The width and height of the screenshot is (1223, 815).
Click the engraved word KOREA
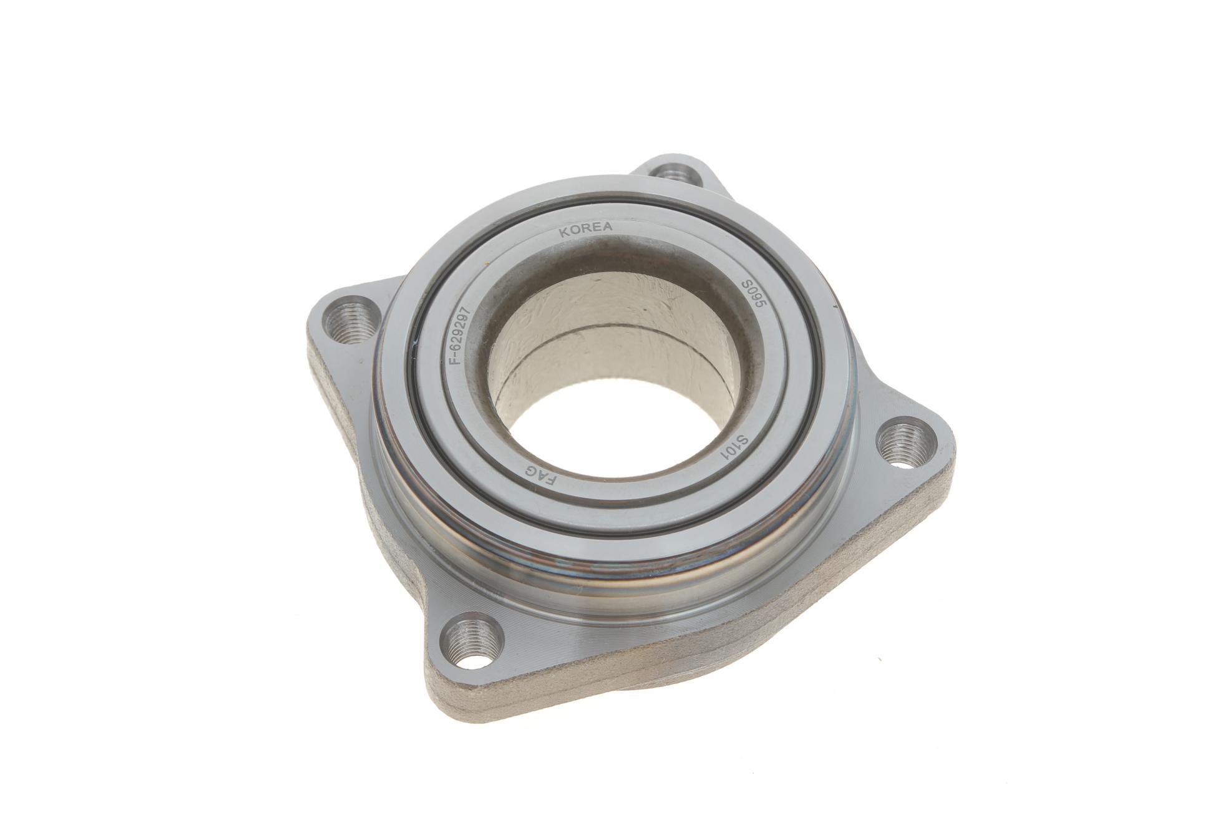[586, 230]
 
